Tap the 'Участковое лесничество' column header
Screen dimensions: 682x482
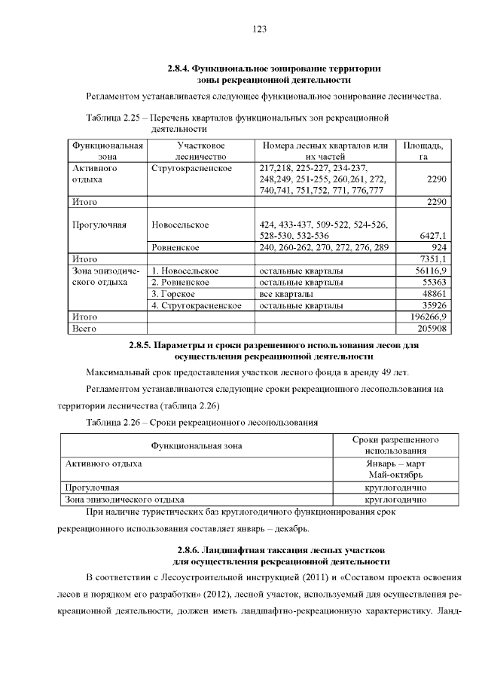(200, 151)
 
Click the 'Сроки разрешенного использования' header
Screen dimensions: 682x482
(395, 445)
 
